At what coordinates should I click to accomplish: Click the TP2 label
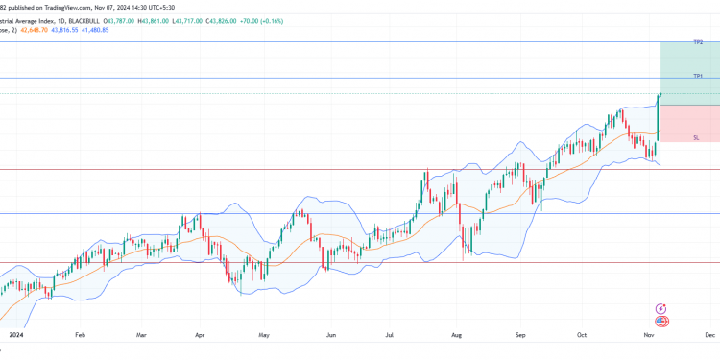(699, 42)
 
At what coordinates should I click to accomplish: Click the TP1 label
(699, 76)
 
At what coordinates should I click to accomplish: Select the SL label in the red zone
(696, 138)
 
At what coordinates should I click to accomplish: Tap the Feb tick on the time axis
(80, 336)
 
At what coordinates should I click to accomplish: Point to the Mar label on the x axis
(141, 336)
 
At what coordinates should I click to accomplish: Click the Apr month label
(200, 336)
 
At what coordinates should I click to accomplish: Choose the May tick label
(264, 336)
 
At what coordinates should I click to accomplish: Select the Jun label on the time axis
(331, 336)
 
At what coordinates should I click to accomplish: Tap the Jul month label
(391, 336)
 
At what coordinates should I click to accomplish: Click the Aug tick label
(457, 336)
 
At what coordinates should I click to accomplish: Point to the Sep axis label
(521, 336)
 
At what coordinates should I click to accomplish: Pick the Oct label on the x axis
(581, 336)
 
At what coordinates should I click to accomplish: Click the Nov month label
(649, 336)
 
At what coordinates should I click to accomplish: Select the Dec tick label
(708, 336)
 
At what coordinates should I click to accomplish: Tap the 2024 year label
(14, 336)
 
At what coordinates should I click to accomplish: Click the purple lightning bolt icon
(660, 308)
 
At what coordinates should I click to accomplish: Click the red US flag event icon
(660, 322)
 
